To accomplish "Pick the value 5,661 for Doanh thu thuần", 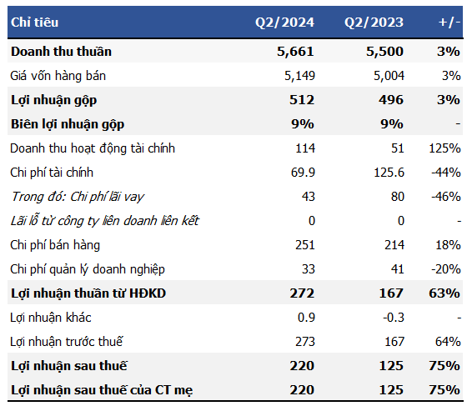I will [x=295, y=52].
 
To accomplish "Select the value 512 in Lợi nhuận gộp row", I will [x=301, y=100].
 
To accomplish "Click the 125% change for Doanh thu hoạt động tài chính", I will [x=444, y=148].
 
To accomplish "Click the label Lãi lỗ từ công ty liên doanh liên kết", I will [x=105, y=221].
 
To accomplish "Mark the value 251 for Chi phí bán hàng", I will [x=304, y=245].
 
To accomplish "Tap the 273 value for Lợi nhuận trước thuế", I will [x=304, y=342].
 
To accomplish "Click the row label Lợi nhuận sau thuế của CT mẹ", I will [x=103, y=390].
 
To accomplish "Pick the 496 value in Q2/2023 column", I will [x=390, y=100].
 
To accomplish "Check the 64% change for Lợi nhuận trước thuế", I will [x=449, y=342].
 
